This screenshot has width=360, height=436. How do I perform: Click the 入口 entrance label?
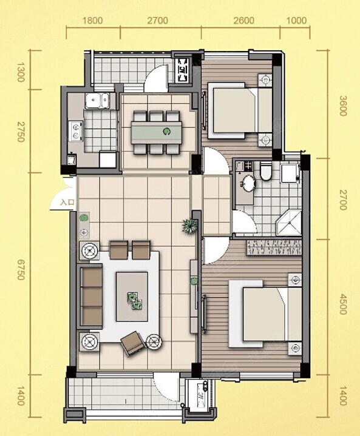point(67,202)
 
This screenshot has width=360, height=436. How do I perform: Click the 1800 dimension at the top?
point(93,21)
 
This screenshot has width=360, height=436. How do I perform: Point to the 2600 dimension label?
point(243,21)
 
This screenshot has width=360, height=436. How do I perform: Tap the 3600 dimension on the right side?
point(343,106)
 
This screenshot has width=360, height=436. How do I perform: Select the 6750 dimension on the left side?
point(21,270)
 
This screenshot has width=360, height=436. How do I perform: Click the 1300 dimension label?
point(21,72)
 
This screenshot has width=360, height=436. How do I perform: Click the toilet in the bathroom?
point(266,171)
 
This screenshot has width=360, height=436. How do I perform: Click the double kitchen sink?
point(97,101)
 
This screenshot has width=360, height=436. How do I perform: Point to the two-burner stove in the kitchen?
point(76,131)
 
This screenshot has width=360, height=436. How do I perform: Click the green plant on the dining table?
point(167,131)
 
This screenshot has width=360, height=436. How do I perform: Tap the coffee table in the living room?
point(132,297)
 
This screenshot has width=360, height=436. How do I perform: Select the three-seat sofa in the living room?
point(91,297)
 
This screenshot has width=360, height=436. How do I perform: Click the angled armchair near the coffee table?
point(133,343)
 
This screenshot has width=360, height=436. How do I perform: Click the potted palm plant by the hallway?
point(190,225)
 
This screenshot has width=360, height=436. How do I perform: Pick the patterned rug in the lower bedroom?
point(274,247)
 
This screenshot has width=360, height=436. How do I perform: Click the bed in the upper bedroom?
point(240,110)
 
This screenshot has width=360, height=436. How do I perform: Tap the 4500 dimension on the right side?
point(343,304)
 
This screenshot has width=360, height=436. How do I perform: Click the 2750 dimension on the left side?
point(21,132)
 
